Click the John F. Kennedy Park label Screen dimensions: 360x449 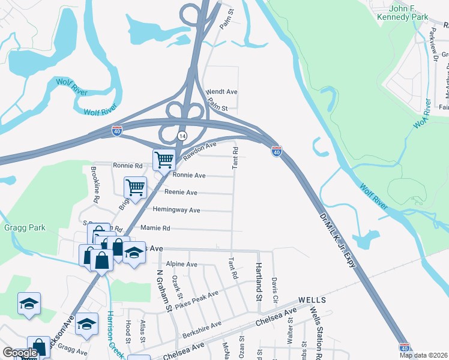(409, 13)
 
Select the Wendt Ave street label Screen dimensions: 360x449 (222, 92)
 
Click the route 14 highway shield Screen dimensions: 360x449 (181, 136)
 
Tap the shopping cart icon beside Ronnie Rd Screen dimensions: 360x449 (164, 160)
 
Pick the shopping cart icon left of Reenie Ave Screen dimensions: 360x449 (135, 187)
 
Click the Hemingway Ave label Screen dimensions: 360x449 (176, 210)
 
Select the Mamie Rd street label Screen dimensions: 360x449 (155, 228)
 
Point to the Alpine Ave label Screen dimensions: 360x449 (182, 264)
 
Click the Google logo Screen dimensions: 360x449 (19, 353)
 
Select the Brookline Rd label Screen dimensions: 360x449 (96, 180)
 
